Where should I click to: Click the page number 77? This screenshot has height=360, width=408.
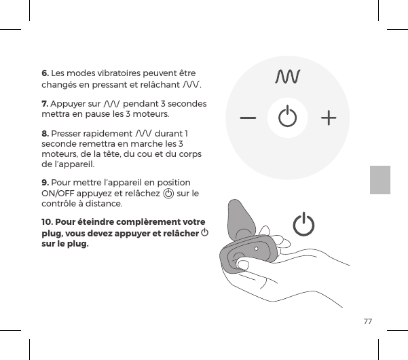coord(367,321)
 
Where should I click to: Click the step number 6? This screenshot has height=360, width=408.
coord(45,73)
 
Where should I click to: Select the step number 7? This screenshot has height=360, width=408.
coord(45,103)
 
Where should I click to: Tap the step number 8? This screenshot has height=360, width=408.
coord(45,133)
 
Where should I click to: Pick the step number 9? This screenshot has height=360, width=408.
coord(45,183)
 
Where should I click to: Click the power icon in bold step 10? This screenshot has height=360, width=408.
coord(204,233)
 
